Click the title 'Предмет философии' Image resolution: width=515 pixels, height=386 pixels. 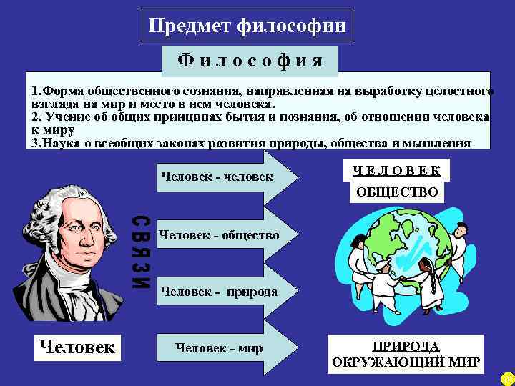coord(247,27)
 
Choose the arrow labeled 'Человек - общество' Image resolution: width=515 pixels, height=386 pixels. coord(218,234)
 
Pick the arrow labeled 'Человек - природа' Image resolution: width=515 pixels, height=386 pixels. coord(218,292)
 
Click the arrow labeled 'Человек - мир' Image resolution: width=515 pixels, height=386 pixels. coord(218,349)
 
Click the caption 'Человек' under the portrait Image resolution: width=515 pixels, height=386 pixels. coord(77,347)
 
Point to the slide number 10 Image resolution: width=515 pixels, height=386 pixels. coord(507,378)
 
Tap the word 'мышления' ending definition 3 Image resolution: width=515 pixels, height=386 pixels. coord(443,143)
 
